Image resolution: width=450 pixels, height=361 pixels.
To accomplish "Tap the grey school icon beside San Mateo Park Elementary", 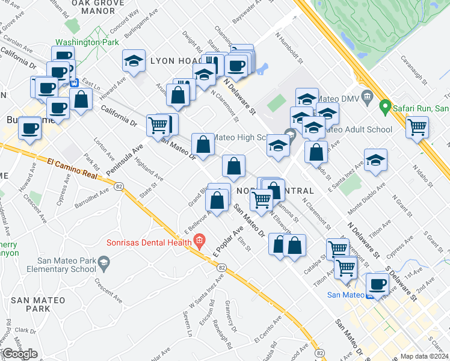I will click(x=103, y=262).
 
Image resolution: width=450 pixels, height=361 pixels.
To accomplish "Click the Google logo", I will click(x=20, y=354).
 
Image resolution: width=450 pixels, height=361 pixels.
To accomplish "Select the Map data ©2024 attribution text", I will click(x=425, y=356).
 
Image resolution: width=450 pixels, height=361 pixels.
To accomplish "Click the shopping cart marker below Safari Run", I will click(x=416, y=127).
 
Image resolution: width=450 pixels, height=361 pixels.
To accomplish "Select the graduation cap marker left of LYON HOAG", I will click(x=134, y=60).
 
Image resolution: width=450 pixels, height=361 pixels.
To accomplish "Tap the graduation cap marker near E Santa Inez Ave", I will click(x=375, y=160).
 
